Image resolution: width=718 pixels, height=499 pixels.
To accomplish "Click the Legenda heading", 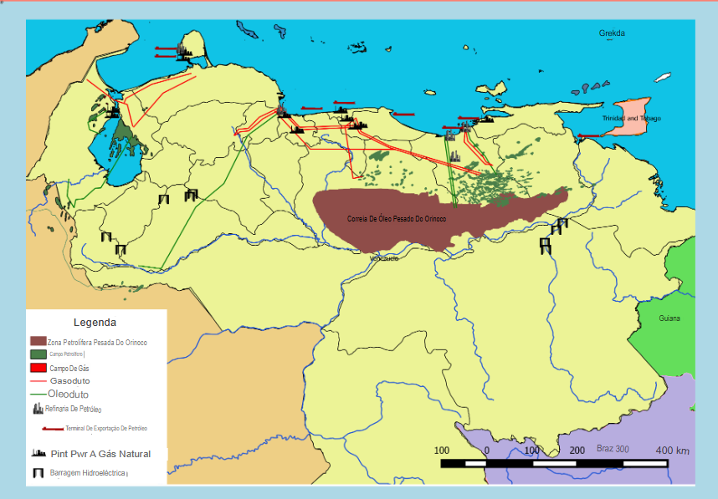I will click(x=95, y=322).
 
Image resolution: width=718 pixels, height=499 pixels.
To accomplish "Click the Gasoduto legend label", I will click(x=70, y=381).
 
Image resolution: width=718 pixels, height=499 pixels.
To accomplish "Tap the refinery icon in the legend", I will click(x=38, y=409).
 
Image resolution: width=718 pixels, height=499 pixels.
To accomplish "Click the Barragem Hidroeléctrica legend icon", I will click(x=38, y=473).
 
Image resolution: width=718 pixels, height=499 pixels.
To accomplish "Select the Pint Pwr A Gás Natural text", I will click(x=100, y=454).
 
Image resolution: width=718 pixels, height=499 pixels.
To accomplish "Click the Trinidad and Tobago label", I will click(x=632, y=119).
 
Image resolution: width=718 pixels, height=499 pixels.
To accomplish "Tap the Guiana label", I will click(x=669, y=318).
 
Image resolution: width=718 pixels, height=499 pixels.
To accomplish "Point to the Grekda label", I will click(x=612, y=33).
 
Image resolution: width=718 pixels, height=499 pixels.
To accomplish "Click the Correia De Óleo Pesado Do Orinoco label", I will click(x=397, y=219).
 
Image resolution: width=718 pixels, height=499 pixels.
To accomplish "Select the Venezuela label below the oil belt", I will click(x=384, y=258).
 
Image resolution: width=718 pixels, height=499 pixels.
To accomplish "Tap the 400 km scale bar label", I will click(x=671, y=451).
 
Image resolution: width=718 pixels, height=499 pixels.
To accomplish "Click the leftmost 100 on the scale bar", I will click(x=442, y=451).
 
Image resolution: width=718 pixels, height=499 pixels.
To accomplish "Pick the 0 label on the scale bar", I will click(x=487, y=451).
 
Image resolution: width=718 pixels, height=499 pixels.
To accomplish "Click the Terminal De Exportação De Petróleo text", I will click(x=106, y=428).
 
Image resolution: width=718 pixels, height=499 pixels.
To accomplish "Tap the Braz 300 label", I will click(x=612, y=449).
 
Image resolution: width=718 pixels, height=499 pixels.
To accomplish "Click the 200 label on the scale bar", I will click(x=576, y=451).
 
